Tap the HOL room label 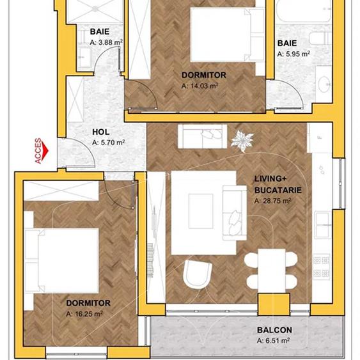pyautogui.click(x=101, y=132)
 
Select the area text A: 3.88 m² pyautogui.click(x=106, y=42)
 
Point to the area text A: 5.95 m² pyautogui.click(x=293, y=54)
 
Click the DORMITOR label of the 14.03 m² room pyautogui.click(x=203, y=75)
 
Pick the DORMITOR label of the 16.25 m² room pyautogui.click(x=88, y=303)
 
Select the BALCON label pyautogui.click(x=274, y=330)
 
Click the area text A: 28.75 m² pyautogui.click(x=272, y=200)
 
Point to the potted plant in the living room pyautogui.click(x=242, y=140)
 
